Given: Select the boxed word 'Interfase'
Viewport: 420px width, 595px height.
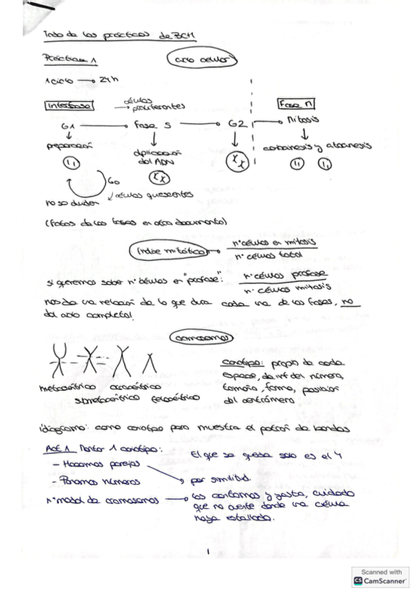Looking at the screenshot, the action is coord(65,107).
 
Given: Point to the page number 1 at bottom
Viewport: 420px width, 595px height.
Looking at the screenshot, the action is coord(208,551).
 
